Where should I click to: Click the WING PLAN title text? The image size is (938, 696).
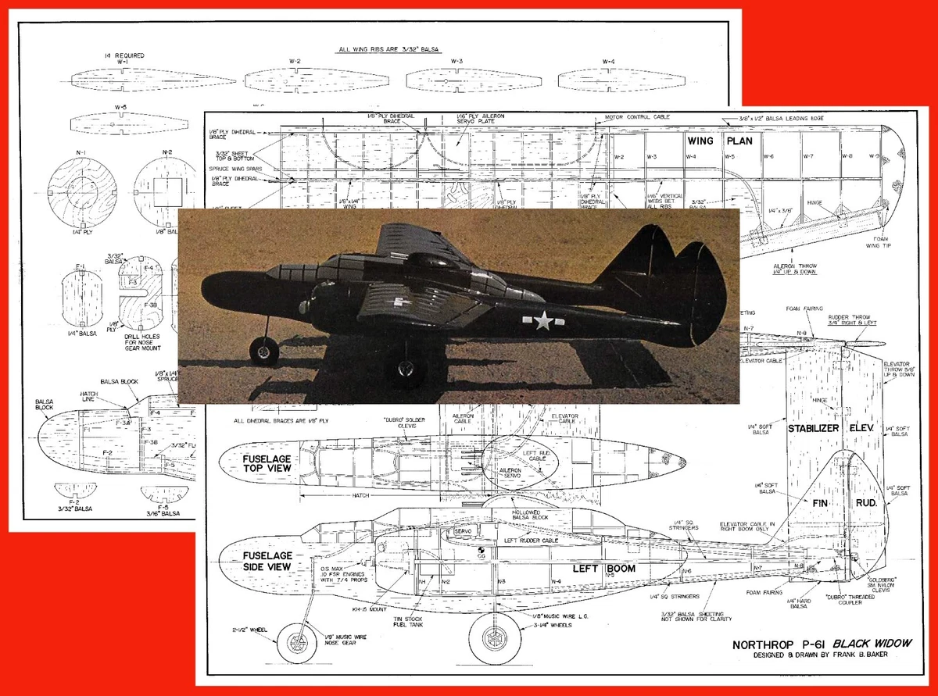[720, 141]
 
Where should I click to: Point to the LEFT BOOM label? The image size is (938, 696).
[596, 569]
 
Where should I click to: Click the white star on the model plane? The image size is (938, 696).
[542, 320]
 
